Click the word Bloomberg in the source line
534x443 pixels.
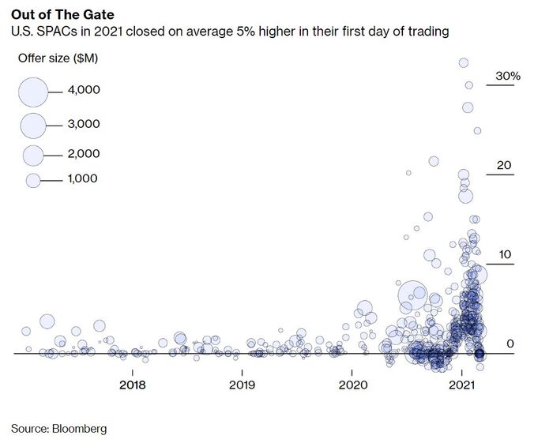coord(79,429)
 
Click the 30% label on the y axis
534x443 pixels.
coord(507,76)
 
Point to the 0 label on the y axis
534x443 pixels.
coord(510,344)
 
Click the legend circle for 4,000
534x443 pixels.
coord(33,92)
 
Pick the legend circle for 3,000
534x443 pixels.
coord(33,125)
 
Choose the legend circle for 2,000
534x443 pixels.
coord(33,154)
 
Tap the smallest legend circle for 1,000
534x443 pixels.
coord(33,180)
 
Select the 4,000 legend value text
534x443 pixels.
coord(84,91)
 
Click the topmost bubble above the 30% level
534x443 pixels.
coord(464,62)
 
